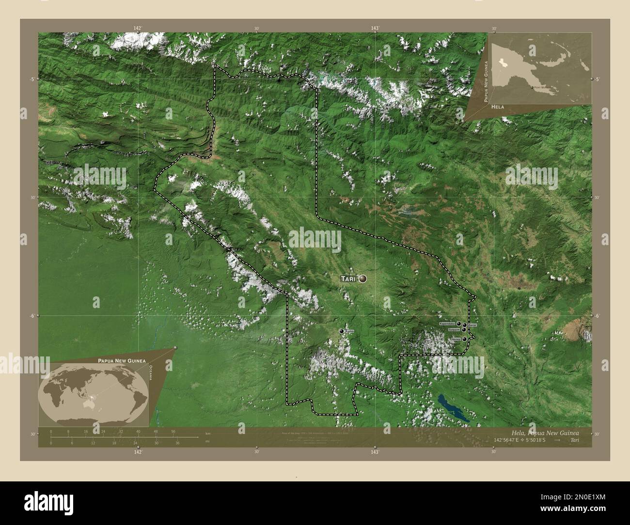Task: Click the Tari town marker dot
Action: pos(362,278)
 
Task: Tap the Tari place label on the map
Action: pos(348,279)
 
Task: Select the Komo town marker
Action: pos(342,331)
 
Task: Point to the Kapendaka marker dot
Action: pos(458,323)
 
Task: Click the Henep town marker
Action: pos(464,339)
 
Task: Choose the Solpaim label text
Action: pos(454,329)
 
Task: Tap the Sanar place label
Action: pos(472,325)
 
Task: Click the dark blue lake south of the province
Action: pos(453,407)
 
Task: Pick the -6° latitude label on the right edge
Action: pos(598,315)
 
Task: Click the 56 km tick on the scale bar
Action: pos(173,431)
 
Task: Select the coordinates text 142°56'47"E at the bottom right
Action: pos(508,440)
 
